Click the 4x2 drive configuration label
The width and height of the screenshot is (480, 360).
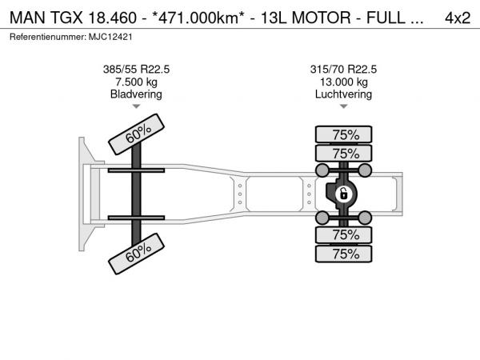[458, 18]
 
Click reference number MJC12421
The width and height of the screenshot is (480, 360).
[110, 37]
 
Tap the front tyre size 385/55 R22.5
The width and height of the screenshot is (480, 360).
[136, 70]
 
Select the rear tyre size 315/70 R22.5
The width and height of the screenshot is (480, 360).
[343, 70]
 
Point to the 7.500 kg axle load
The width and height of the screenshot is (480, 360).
[136, 82]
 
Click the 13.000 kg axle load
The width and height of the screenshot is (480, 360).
[344, 82]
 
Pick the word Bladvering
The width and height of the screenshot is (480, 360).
[136, 94]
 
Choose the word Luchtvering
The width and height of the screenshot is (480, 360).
[343, 94]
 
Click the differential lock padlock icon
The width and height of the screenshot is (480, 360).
[343, 194]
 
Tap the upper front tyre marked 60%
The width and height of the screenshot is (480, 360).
[136, 134]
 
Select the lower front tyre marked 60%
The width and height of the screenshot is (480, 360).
[136, 254]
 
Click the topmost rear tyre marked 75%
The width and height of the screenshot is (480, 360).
[343, 134]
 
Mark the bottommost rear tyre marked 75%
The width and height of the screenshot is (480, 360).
[343, 254]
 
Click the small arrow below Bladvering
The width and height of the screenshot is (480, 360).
[136, 106]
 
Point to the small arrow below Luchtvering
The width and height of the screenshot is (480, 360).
[343, 106]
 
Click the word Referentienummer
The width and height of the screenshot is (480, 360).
[48, 37]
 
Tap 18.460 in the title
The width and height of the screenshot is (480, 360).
[112, 18]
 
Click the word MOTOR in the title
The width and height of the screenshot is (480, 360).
[321, 18]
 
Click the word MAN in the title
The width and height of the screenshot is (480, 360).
[27, 18]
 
